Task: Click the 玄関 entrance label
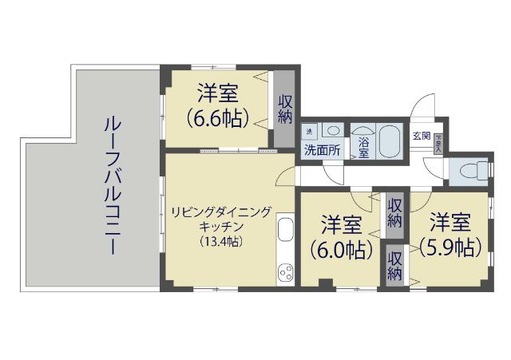coord(421,135)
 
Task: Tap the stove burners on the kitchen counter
coord(286,273)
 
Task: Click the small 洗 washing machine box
coord(309,130)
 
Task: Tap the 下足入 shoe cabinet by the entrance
coord(438,141)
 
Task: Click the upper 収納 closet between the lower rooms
coord(394,212)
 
